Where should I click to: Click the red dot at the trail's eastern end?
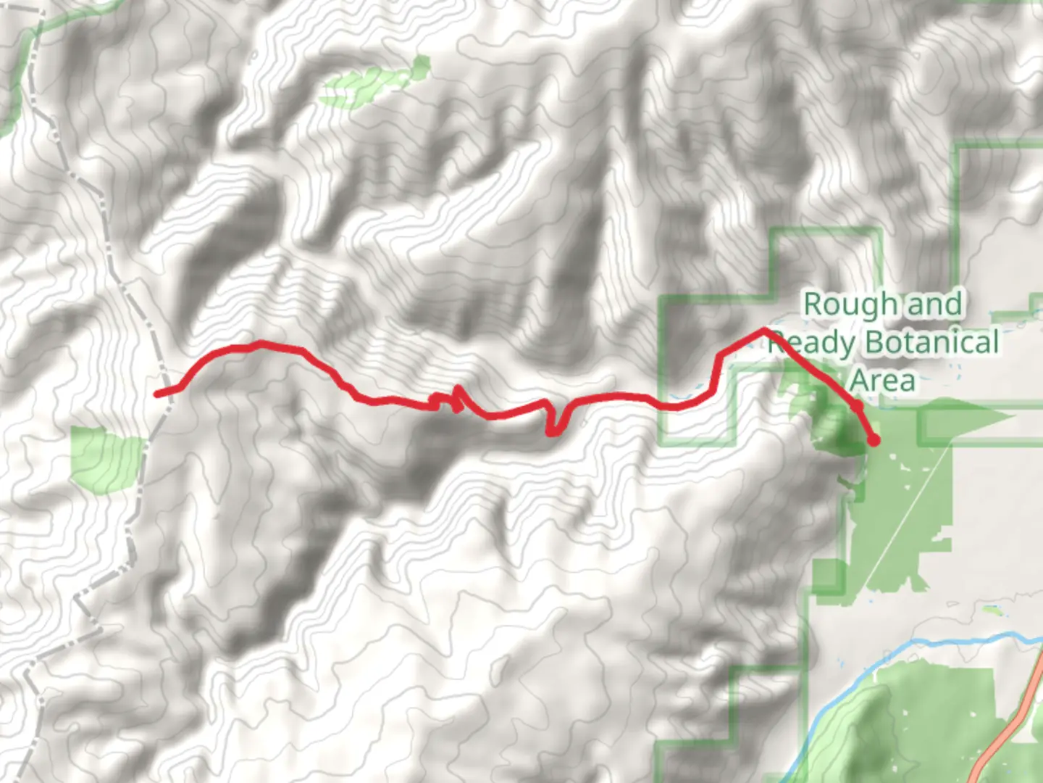tap(874, 439)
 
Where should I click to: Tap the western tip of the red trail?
tap(157, 394)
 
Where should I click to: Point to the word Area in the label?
tap(882, 380)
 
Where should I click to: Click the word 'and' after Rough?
tap(934, 304)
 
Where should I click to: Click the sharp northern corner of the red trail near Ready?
tap(764, 331)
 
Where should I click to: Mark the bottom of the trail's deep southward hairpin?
tap(554, 433)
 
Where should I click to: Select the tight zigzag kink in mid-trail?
tap(456, 398)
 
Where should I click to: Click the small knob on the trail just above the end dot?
tap(857, 407)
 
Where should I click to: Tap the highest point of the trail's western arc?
tap(261, 343)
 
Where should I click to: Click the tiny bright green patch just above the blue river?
tap(993, 610)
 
